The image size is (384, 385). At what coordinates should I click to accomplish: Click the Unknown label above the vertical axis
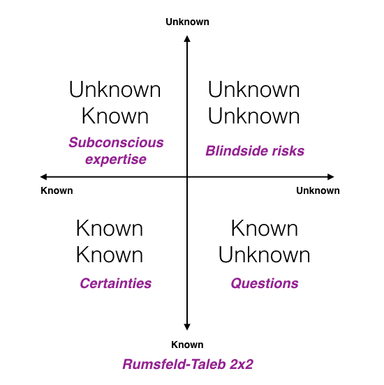pos(187,22)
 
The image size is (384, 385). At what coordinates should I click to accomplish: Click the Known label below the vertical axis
pos(187,345)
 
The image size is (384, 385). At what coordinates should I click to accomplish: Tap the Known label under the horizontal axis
pos(57,190)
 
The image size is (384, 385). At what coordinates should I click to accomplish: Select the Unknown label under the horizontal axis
pos(318,190)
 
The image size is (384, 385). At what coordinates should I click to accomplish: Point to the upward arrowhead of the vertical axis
pos(187,38)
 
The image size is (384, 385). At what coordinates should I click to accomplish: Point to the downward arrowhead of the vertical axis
pos(187,327)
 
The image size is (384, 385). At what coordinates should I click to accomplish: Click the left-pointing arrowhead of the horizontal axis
pos(43,176)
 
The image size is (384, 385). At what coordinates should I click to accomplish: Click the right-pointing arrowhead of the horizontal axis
pos(331,176)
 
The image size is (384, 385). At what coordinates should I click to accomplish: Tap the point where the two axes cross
pos(187,176)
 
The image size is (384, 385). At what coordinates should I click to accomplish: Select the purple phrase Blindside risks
pos(255,151)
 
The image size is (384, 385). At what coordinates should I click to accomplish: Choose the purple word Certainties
pos(116,283)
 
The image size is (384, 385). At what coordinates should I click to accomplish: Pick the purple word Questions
pos(265,283)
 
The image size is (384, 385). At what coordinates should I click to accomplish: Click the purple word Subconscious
pos(117,142)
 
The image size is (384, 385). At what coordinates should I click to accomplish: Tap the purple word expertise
pos(116,160)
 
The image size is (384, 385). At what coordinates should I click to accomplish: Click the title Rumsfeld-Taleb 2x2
pos(188,364)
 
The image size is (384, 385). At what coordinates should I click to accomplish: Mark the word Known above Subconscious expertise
pos(115,116)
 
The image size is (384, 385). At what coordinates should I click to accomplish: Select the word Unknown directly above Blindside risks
pos(254,116)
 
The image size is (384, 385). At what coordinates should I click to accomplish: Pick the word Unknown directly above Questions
pos(265,255)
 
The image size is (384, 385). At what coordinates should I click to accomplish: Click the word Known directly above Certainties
pos(110,255)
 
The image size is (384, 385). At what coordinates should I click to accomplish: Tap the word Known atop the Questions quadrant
pos(265,228)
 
